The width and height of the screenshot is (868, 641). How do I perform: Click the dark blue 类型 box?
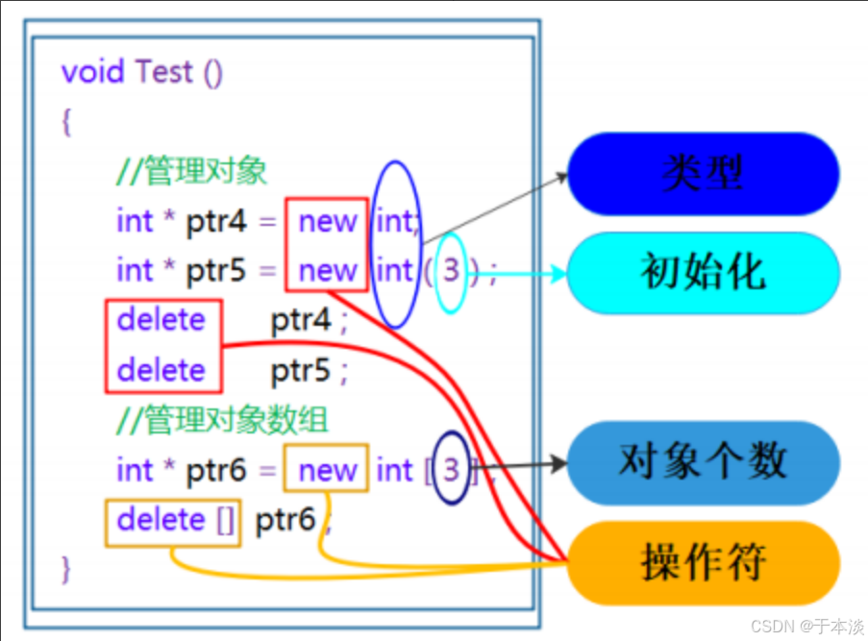703,174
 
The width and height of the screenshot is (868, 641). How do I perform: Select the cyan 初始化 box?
703,273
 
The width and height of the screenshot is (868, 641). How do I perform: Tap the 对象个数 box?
703,462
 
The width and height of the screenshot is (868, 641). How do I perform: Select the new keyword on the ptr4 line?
327,222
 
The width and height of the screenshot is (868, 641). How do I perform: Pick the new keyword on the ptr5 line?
327,271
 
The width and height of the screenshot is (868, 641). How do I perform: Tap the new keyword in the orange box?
327,471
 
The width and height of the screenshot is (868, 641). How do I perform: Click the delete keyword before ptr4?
161,320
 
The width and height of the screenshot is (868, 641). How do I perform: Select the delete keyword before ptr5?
161,370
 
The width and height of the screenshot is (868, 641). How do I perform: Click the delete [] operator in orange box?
174,521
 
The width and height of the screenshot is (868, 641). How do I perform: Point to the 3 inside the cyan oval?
451,271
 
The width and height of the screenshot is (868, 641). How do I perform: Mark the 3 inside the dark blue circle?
453,470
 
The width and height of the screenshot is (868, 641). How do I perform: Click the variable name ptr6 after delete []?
285,521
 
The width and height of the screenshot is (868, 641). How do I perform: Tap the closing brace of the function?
65,567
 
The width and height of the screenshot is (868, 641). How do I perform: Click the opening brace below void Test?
65,122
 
